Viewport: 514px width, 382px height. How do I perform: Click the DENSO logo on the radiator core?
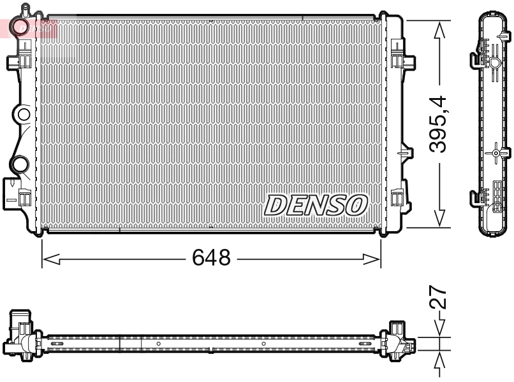[x=316, y=205]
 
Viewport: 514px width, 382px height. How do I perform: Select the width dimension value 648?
[x=211, y=258]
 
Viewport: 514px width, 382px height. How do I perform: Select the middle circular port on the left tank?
[x=23, y=115]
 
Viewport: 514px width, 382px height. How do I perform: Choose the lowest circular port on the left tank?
[x=20, y=164]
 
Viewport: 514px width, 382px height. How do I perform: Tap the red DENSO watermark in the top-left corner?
[x=29, y=27]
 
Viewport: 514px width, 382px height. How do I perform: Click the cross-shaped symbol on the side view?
[x=496, y=153]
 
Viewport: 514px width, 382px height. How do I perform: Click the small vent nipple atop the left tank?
[x=25, y=9]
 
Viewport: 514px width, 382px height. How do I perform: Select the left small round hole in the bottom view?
[x=159, y=344]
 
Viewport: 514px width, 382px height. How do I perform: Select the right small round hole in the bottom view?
[x=263, y=344]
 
